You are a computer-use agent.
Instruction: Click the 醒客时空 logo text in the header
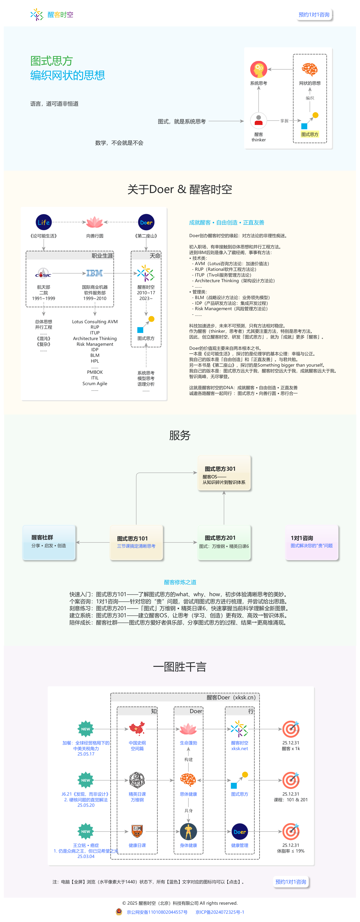pyautogui.click(x=60, y=15)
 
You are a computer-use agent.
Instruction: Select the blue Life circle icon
pyautogui.click(x=44, y=222)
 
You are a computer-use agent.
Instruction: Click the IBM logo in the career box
pyautogui.click(x=94, y=273)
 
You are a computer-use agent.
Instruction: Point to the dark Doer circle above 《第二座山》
pyautogui.click(x=146, y=222)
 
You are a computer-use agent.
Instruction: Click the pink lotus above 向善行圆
pyautogui.click(x=95, y=222)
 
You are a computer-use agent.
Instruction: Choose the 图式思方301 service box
pyautogui.click(x=224, y=473)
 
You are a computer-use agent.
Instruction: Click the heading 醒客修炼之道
pyautogui.click(x=180, y=582)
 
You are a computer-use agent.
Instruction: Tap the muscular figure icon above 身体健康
pyautogui.click(x=188, y=831)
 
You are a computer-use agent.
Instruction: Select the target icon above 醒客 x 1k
pyautogui.click(x=291, y=729)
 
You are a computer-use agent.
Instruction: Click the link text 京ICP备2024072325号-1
pyautogui.click(x=220, y=912)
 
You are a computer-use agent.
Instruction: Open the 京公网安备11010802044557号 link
pyautogui.click(x=157, y=912)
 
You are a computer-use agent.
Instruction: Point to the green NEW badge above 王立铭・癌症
pyautogui.click(x=86, y=831)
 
